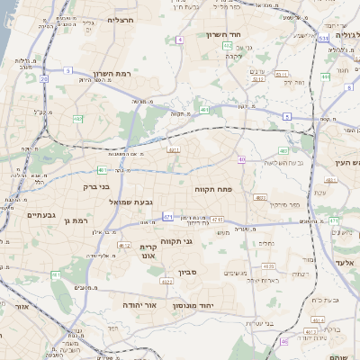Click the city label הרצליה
(120, 19)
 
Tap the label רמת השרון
(112, 74)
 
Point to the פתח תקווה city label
(213, 191)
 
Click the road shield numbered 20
(43, 78)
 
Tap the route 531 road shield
(322, 39)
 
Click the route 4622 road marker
(124, 244)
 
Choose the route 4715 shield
(217, 219)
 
